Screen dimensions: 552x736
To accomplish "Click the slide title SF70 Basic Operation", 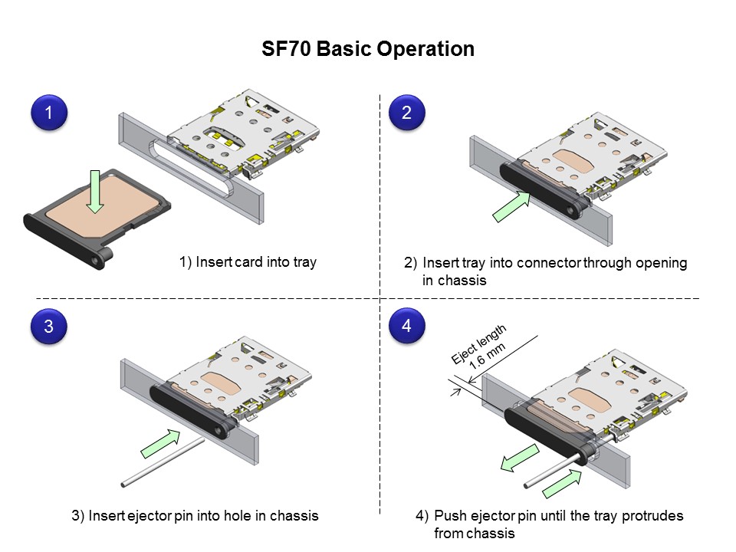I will [x=368, y=49].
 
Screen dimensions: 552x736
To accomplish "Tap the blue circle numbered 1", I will [x=49, y=113].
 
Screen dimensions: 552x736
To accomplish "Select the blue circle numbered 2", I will [x=406, y=113].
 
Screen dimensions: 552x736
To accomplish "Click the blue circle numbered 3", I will [x=49, y=326].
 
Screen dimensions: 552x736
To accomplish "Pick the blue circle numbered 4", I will [x=406, y=326].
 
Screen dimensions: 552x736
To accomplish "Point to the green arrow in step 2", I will [x=511, y=207].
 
